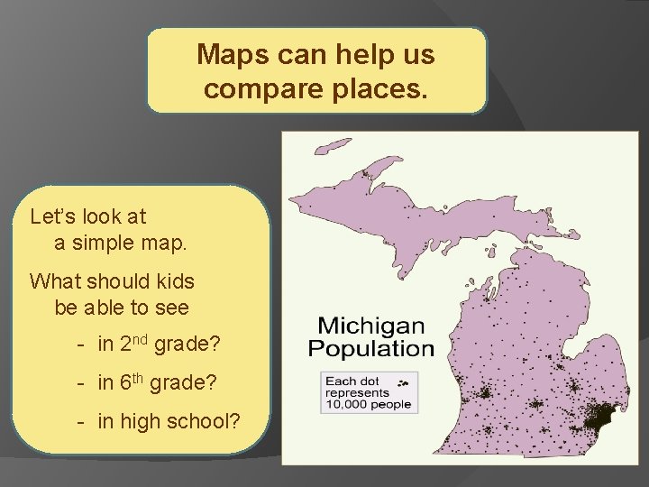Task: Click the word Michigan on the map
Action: click(371, 325)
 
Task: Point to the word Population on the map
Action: click(371, 347)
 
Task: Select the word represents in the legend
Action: click(357, 392)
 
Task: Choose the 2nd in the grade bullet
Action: click(134, 345)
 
